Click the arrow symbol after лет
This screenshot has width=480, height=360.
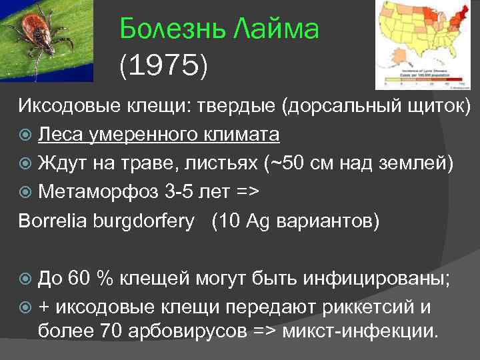tap(246, 191)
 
